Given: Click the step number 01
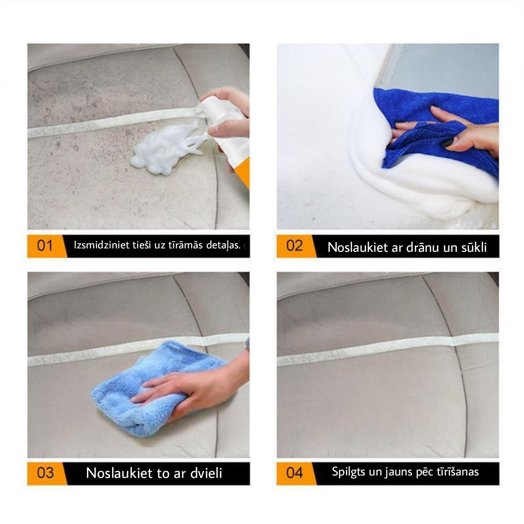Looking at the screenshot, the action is pyautogui.click(x=45, y=246).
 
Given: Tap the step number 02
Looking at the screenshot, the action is pyautogui.click(x=295, y=246).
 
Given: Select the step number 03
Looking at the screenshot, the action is pyautogui.click(x=45, y=473).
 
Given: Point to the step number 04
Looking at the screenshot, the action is pyautogui.click(x=295, y=473).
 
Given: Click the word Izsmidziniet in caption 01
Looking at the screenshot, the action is pyautogui.click(x=101, y=245).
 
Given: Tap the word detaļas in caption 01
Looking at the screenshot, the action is pyautogui.click(x=223, y=246).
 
